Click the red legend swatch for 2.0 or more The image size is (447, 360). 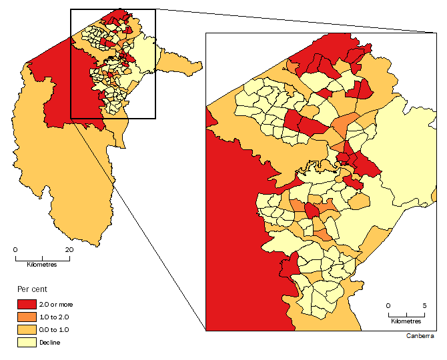pyautogui.click(x=27, y=305)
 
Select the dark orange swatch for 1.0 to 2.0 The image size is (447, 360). pyautogui.click(x=27, y=317)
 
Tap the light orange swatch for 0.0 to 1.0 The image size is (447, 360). pyautogui.click(x=27, y=330)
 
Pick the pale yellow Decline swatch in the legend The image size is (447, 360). pyautogui.click(x=27, y=343)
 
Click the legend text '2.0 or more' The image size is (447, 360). pyautogui.click(x=56, y=305)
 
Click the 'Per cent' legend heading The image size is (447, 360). pyautogui.click(x=31, y=291)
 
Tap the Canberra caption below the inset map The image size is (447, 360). pyautogui.click(x=420, y=336)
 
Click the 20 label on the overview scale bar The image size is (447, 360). pyautogui.click(x=68, y=249)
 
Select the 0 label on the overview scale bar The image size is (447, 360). pyautogui.click(x=15, y=249)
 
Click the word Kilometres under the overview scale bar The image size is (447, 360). pyautogui.click(x=41, y=265)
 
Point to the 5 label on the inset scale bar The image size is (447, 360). pyautogui.click(x=424, y=305)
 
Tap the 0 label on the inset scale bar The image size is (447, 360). pyautogui.click(x=388, y=305)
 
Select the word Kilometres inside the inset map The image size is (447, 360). pyautogui.click(x=406, y=321)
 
